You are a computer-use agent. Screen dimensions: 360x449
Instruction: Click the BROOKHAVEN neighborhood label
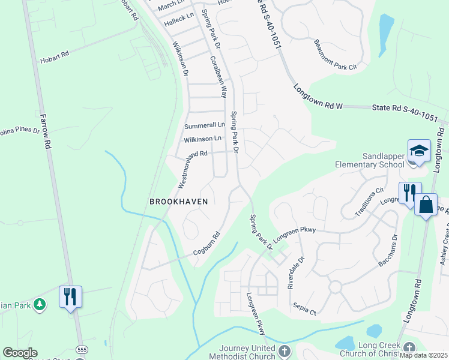pyautogui.click(x=178, y=202)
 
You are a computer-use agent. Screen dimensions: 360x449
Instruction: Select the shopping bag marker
pyautogui.click(x=426, y=205)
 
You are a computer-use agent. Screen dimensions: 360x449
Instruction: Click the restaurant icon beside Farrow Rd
pyautogui.click(x=70, y=296)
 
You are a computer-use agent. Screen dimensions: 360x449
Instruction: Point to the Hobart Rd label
pyautogui.click(x=55, y=57)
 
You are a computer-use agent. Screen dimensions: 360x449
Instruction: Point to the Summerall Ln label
pyautogui.click(x=204, y=125)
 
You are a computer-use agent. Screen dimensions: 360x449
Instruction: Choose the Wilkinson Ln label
pyautogui.click(x=203, y=139)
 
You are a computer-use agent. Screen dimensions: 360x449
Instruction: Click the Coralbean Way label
pyautogui.click(x=218, y=77)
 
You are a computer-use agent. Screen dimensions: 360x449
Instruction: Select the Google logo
pyautogui.click(x=20, y=353)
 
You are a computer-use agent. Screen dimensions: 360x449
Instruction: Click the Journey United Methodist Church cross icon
pyautogui.click(x=285, y=350)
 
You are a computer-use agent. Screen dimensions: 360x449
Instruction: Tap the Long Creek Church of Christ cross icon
pyautogui.click(x=409, y=348)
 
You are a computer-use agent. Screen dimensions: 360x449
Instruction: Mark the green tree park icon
pyautogui.click(x=40, y=304)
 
